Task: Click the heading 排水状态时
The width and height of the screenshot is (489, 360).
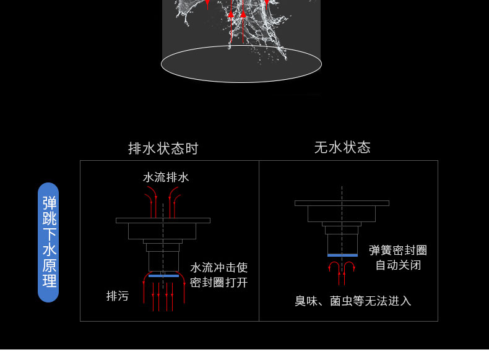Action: tap(163, 148)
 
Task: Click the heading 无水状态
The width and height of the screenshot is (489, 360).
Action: tap(342, 147)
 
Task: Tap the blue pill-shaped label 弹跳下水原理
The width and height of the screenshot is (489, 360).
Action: tap(49, 242)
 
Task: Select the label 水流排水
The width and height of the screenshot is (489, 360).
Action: tap(166, 178)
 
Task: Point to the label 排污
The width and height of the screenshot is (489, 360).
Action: tap(118, 296)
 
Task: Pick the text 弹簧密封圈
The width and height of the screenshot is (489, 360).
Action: tap(398, 251)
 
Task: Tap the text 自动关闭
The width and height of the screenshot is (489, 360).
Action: tap(398, 265)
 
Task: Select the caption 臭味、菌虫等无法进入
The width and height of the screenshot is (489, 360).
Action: tap(353, 301)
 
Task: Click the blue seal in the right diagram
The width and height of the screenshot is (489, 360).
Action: tap(342, 255)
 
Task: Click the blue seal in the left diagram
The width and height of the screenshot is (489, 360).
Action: tap(163, 276)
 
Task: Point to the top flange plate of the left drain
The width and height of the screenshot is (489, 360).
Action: tap(163, 220)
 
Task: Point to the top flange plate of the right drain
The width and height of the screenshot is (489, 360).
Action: tap(342, 203)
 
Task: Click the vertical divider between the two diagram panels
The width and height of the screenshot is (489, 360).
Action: tap(259, 241)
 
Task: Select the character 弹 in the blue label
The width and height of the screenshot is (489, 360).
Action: tap(49, 203)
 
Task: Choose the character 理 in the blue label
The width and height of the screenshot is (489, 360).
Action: tap(49, 281)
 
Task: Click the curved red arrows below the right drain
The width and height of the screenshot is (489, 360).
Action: tap(342, 268)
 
